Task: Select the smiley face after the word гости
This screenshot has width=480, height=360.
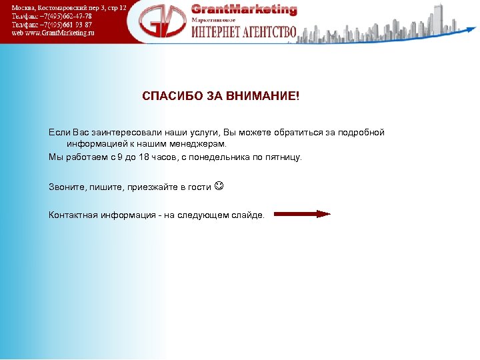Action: point(220,187)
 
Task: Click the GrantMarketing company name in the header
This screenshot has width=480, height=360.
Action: point(244,9)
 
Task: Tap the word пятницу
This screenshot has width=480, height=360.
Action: point(283,157)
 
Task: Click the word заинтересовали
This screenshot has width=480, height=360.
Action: point(122,133)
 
